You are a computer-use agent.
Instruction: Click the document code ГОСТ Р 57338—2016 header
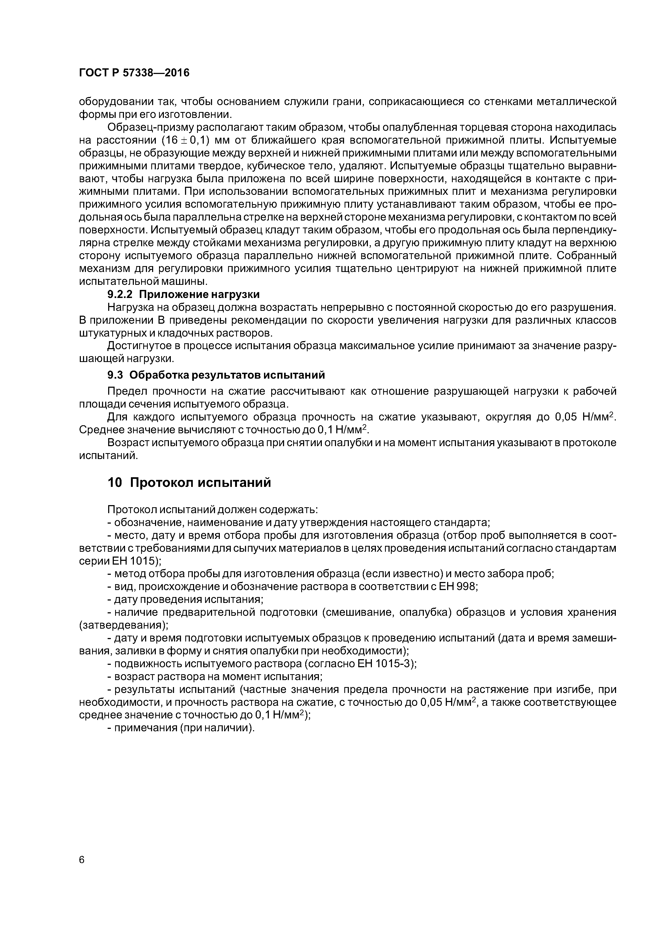[134, 73]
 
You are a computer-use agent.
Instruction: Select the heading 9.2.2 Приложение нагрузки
[183, 294]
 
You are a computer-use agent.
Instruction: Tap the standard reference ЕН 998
[458, 587]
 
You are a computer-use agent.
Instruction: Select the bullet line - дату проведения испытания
[185, 599]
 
